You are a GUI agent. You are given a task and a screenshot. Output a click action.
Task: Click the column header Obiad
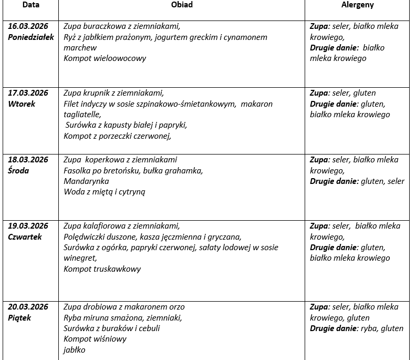tap(182, 5)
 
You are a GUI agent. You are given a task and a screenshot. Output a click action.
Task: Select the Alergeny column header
tap(357, 5)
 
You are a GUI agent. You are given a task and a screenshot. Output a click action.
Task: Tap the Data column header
tap(30, 5)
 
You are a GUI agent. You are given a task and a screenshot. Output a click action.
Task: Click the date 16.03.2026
tap(28, 26)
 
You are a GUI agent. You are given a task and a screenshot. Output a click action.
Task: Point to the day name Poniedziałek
tap(31, 37)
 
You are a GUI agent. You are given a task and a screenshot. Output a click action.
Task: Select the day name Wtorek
tap(22, 104)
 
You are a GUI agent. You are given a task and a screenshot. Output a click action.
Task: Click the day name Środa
tap(18, 170)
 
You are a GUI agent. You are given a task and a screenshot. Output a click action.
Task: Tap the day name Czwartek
tap(25, 236)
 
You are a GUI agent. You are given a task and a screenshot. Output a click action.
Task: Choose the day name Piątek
tap(19, 317)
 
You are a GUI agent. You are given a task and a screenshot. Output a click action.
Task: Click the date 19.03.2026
tap(28, 226)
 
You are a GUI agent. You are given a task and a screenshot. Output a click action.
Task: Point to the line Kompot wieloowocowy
tap(105, 58)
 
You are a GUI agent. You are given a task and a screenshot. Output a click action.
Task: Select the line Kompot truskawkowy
tap(102, 269)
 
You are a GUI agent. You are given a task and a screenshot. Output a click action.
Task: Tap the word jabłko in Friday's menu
tap(75, 350)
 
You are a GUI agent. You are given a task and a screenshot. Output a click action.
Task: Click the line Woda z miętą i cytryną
tap(105, 192)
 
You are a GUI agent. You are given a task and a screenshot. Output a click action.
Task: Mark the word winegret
tap(80, 258)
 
